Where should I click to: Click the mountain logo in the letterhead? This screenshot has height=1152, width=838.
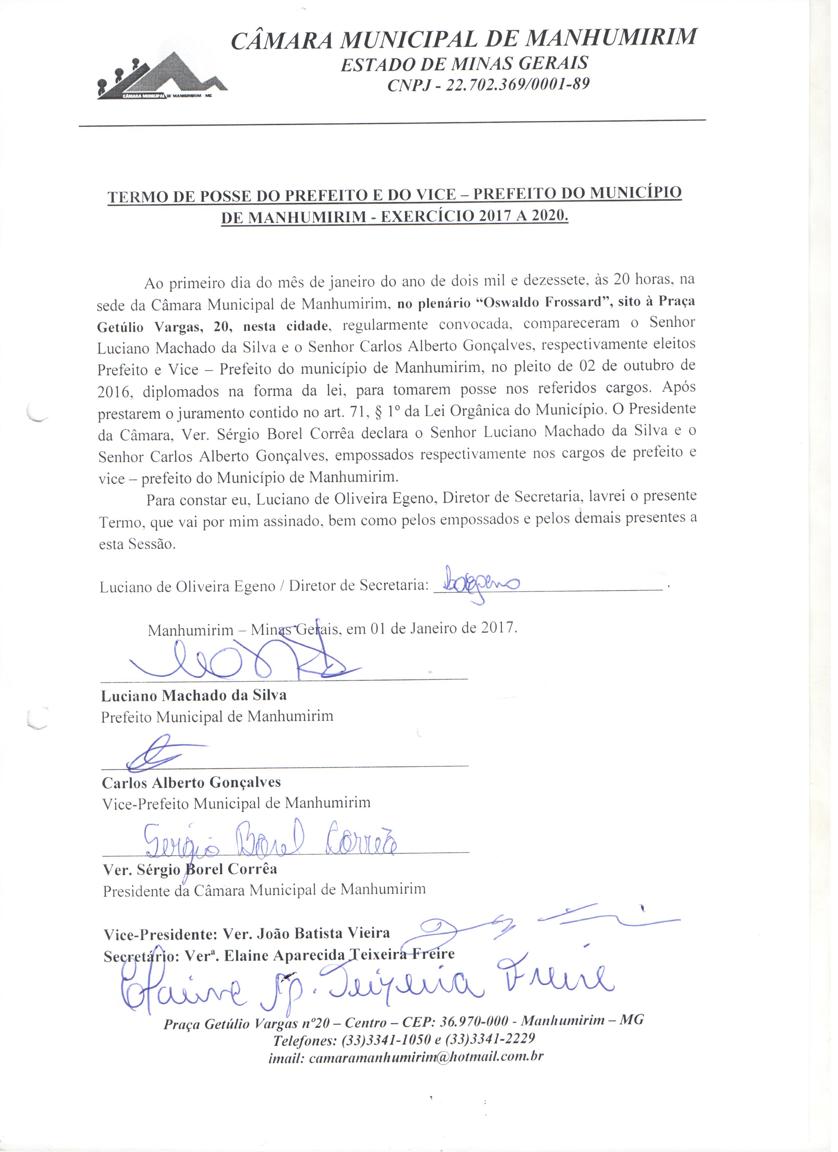[161, 79]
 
